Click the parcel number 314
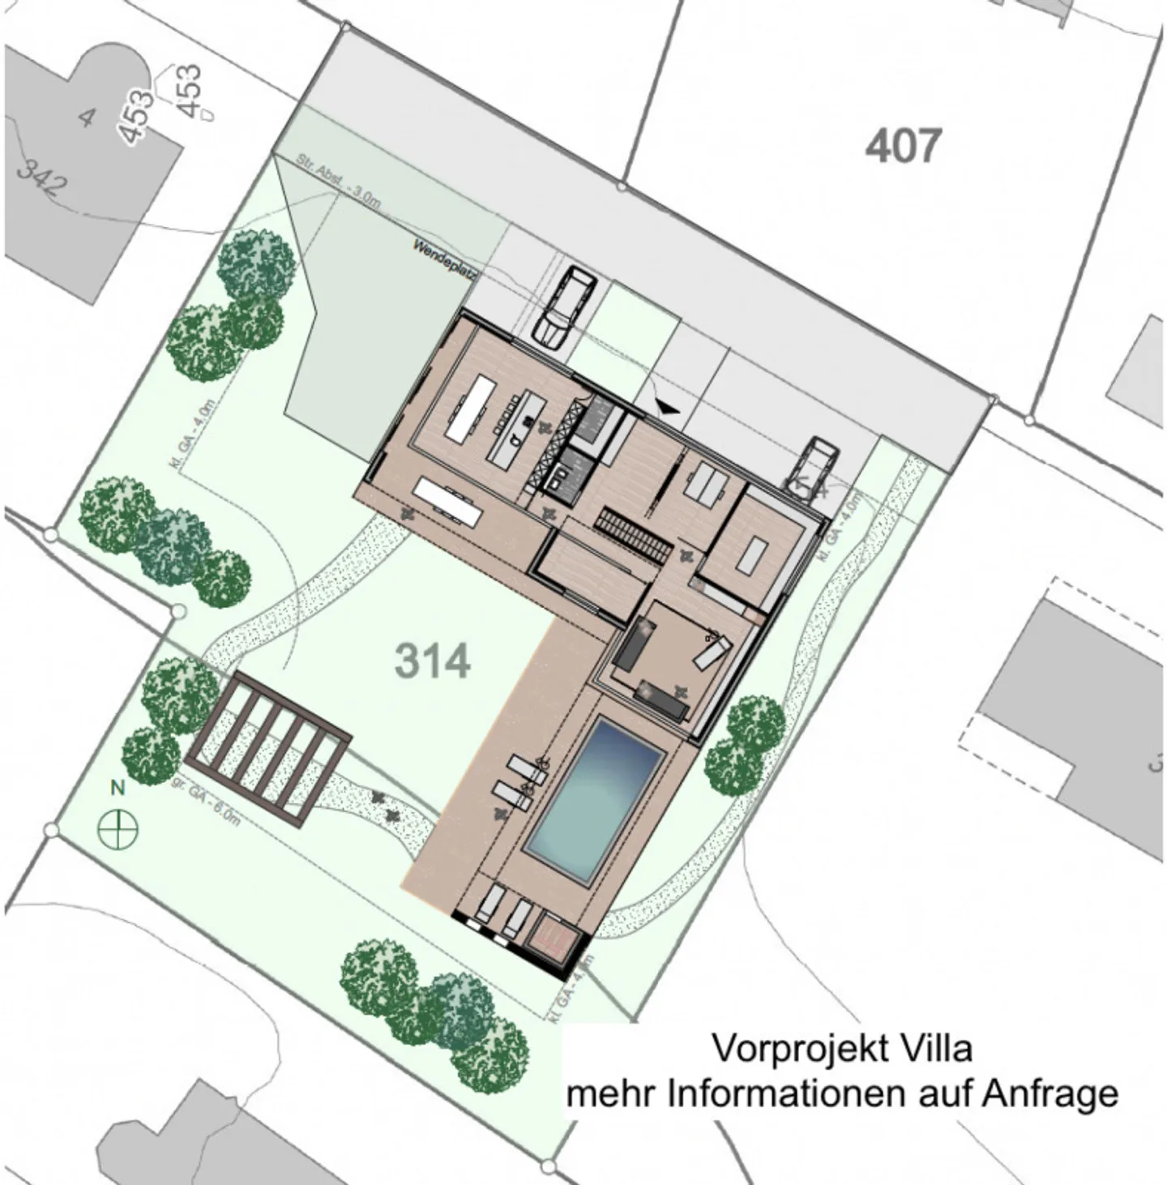tap(432, 661)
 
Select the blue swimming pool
tap(596, 799)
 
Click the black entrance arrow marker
tap(669, 409)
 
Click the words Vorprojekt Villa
tap(841, 1048)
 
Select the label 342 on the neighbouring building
tap(41, 179)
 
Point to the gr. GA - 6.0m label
tap(206, 802)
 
